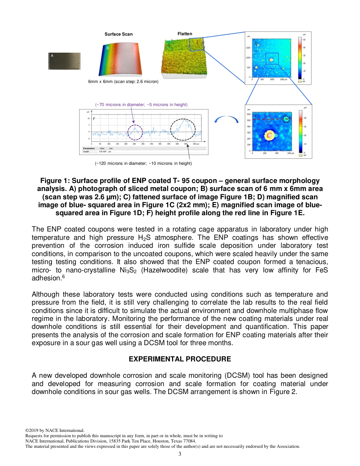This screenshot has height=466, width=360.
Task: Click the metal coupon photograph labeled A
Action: (64, 61)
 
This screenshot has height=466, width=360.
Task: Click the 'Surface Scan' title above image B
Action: (119, 34)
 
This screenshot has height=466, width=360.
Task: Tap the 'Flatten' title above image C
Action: (185, 34)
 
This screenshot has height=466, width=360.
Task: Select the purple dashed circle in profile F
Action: (135, 132)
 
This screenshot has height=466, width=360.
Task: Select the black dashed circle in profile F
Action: (183, 129)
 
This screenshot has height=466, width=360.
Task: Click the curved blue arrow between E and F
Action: (226, 120)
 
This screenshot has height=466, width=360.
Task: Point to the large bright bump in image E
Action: (269, 135)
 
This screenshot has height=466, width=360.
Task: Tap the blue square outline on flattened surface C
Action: (196, 44)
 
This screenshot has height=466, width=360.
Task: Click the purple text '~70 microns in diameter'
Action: (141, 105)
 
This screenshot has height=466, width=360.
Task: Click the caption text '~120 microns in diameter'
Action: (143, 163)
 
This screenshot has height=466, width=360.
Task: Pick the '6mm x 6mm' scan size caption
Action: (123, 81)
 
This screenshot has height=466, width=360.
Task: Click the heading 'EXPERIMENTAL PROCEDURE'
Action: (180, 359)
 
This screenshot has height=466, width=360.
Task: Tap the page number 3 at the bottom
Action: (180, 454)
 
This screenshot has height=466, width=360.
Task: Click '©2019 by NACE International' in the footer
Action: (55, 430)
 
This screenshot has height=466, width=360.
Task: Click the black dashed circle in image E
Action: (286, 119)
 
